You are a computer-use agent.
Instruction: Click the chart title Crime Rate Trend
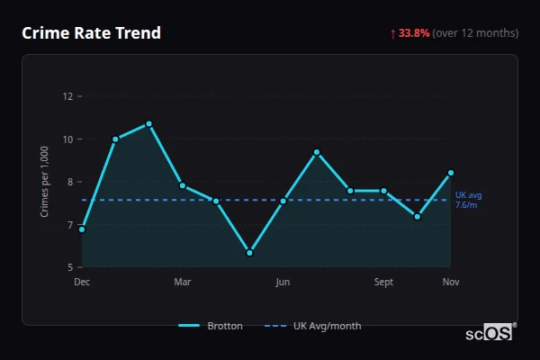pos(91,33)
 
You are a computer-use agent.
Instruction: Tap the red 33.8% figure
pos(414,33)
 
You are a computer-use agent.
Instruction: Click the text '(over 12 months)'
pos(475,33)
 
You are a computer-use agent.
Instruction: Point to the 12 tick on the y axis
pos(67,96)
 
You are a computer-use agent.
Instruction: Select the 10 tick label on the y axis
pos(67,139)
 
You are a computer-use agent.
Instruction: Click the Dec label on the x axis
pos(82,283)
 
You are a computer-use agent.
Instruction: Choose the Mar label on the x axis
pos(183,283)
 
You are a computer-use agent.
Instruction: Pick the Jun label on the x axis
pos(283,283)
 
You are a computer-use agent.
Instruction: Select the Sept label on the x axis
pos(383,283)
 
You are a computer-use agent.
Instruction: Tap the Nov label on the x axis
pos(451,283)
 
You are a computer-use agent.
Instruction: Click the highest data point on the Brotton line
pos(149,124)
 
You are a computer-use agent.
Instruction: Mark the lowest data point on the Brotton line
pos(249,253)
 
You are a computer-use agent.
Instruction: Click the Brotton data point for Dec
pos(82,229)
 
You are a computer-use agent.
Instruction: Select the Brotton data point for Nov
pos(451,173)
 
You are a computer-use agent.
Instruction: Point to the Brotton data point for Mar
pos(183,185)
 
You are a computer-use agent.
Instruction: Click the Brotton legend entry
pos(211,326)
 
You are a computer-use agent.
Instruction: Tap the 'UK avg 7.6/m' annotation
pos(469,200)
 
